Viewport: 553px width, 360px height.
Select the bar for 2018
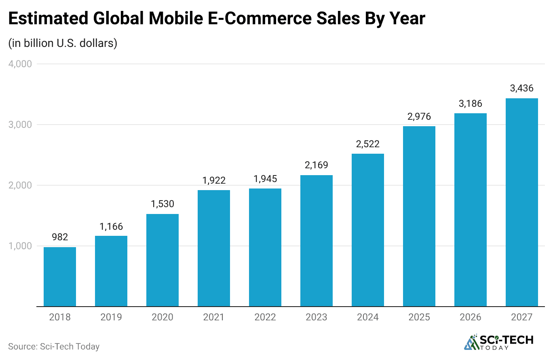(60, 277)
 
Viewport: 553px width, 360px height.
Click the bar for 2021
(214, 248)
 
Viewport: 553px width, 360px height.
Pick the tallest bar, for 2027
(522, 202)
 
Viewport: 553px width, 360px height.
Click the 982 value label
(60, 237)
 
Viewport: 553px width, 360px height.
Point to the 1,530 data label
(163, 204)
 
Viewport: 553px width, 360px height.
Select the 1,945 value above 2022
(265, 178)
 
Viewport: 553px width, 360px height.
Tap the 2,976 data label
(419, 116)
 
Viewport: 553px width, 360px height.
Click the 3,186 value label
(471, 104)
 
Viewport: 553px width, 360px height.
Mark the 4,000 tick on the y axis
(20, 64)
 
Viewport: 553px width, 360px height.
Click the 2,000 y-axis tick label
(20, 185)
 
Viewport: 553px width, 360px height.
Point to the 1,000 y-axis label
(20, 246)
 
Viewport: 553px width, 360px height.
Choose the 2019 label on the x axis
(111, 317)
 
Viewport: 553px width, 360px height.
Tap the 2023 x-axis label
(317, 317)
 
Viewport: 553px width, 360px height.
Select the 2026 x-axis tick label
(471, 317)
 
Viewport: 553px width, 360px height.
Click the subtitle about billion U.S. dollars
(63, 43)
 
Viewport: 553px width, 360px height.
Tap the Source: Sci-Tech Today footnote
(53, 346)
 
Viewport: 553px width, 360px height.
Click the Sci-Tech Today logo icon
(471, 343)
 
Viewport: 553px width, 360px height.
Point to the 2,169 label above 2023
(317, 165)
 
